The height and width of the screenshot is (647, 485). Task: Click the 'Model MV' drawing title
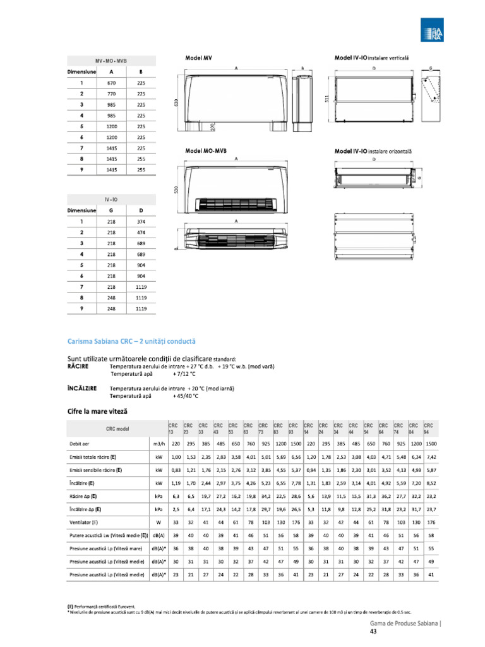pos(198,57)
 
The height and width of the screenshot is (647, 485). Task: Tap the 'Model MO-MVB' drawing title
pos(206,151)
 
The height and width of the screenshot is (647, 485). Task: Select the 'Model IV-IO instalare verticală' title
pos(371,57)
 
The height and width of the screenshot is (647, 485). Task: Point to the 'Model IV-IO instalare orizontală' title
pos(373,151)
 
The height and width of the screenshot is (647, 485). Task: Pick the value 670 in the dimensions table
pos(112,83)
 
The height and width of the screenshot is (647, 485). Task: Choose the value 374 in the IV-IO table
pos(141,222)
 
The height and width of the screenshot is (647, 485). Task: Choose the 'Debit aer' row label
pos(80,444)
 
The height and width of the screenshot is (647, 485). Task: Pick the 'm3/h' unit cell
pos(159,444)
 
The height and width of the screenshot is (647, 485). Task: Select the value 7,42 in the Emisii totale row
pos(431,457)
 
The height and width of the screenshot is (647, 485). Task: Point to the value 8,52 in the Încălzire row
pos(431,483)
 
